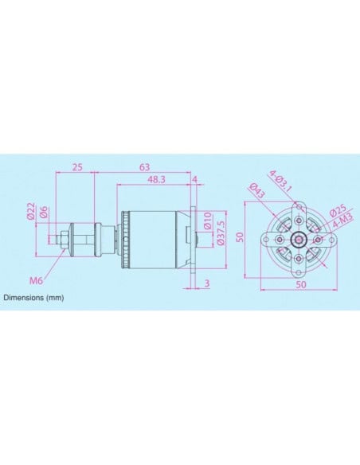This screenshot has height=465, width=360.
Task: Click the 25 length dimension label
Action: point(77,167)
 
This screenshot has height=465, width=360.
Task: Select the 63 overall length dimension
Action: point(145,167)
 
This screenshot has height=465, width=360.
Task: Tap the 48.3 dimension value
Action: point(156,181)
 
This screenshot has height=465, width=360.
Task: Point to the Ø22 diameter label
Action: point(30,211)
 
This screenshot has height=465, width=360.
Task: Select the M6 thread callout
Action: point(36,280)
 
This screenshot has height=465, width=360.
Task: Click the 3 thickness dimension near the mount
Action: point(205,283)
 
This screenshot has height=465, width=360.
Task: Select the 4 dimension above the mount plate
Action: point(195,181)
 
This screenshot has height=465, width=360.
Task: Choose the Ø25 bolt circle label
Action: point(335,210)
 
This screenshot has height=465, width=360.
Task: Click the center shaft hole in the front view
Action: point(297,239)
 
